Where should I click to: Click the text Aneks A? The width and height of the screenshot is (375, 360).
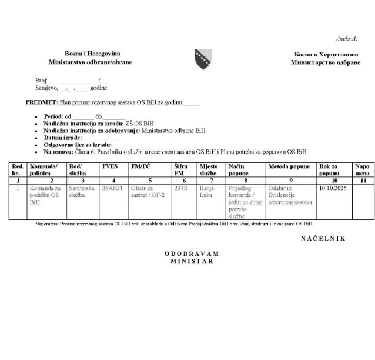point(346,39)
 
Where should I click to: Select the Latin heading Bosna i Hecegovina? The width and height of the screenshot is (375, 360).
point(90,53)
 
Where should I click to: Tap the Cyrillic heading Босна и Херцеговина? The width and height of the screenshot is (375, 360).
point(325,54)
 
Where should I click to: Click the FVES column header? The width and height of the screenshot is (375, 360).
point(110,166)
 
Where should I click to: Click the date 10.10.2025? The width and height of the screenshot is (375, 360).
point(333,188)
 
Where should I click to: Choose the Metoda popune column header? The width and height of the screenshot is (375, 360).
point(289,166)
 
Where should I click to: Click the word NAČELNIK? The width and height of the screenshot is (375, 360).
point(323,238)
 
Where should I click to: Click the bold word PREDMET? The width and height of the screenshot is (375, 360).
point(40,102)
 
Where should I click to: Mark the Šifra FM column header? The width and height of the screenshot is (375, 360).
point(181,170)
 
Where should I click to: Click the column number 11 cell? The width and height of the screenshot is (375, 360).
point(363,180)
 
